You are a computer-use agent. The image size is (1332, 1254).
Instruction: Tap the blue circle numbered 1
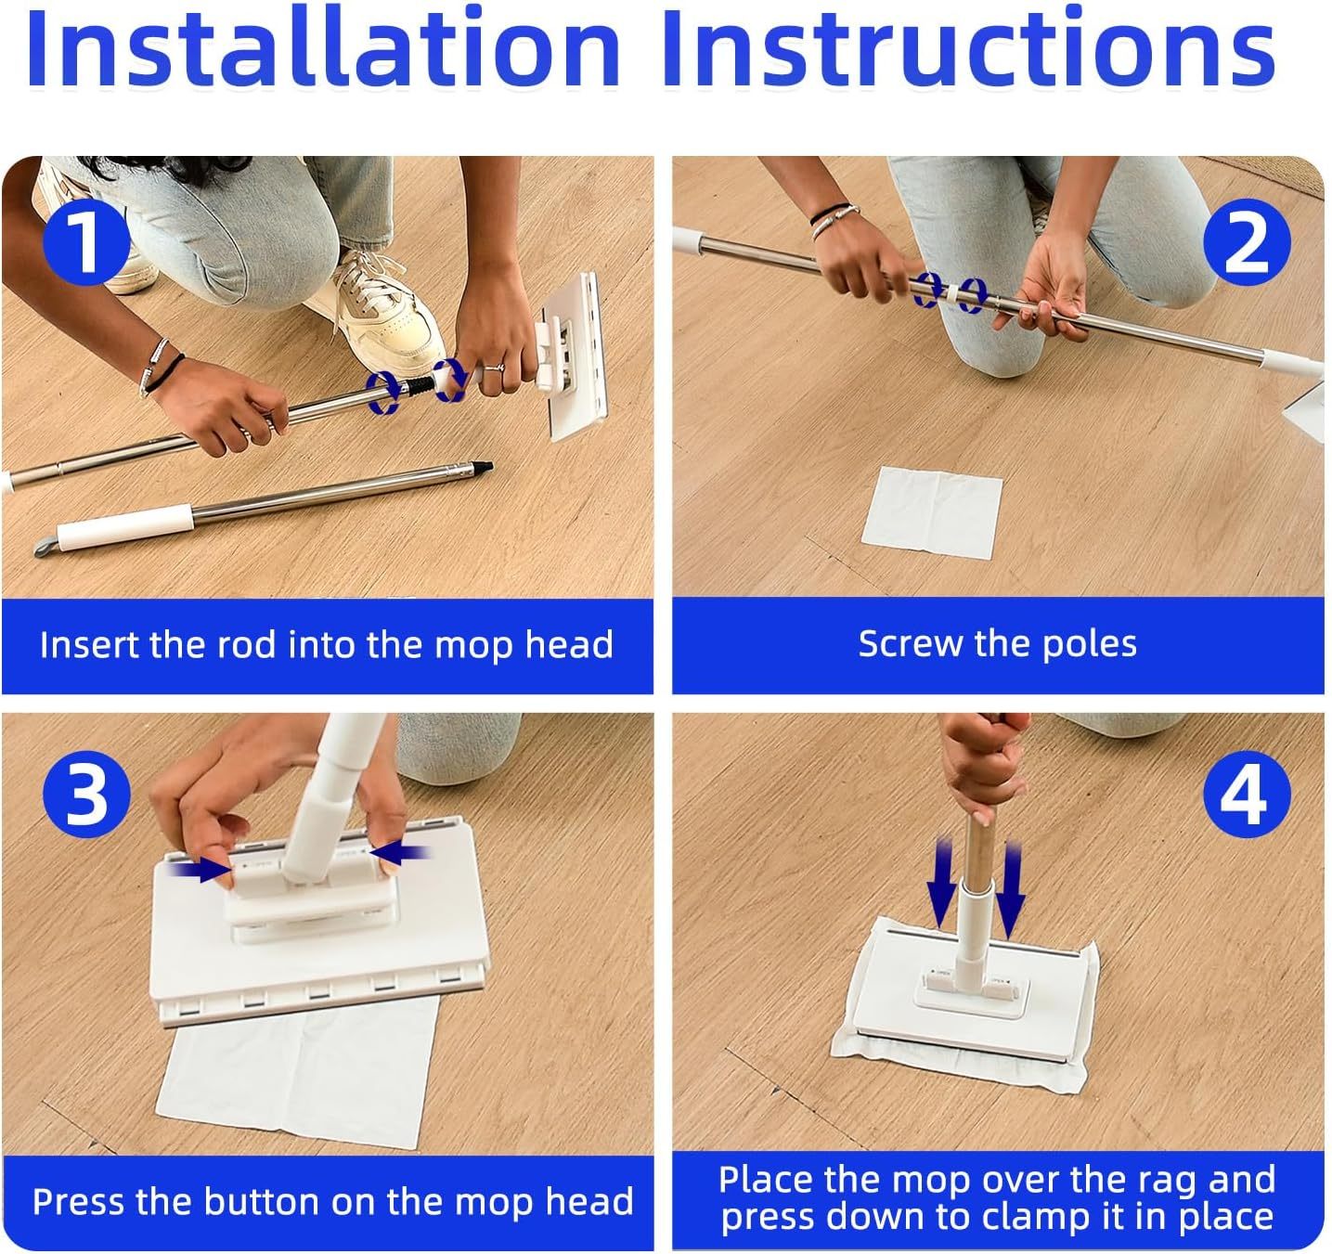(x=86, y=241)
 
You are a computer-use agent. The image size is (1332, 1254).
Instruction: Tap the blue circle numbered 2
(x=1246, y=241)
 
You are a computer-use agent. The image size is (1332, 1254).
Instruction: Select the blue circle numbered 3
(x=86, y=793)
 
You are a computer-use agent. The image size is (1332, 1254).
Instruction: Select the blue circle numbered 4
(x=1246, y=793)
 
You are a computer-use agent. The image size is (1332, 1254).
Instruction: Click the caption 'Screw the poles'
(x=997, y=644)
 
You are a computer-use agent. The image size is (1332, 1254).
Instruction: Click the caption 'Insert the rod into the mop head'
(x=327, y=644)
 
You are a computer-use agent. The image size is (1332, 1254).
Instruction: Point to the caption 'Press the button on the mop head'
(x=332, y=1201)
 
